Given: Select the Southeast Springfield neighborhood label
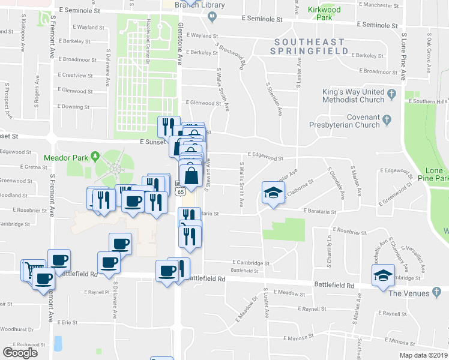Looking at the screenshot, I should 310,47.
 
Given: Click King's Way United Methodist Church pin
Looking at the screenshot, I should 391,94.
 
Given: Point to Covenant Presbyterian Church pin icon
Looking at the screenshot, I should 387,120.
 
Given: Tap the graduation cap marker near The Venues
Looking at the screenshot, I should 382,275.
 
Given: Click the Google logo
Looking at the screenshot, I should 20,353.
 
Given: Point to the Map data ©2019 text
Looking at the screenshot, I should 423,355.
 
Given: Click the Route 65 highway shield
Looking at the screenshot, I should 180,191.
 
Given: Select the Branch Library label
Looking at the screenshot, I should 191,5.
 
